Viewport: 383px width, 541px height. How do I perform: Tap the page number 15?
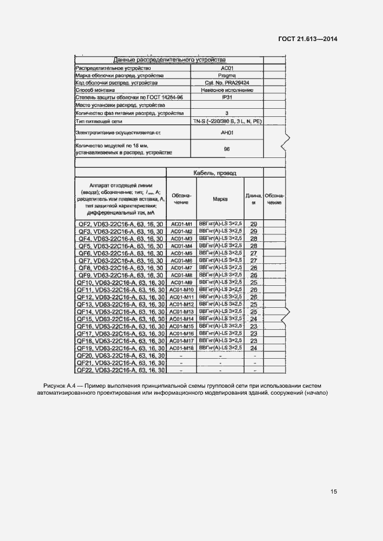(x=334, y=492)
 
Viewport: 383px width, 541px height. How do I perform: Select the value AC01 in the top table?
(x=227, y=68)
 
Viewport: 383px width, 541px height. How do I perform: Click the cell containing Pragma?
(x=227, y=76)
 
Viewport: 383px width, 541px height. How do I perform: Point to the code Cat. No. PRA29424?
(x=227, y=83)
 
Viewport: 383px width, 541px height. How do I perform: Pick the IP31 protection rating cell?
(x=227, y=98)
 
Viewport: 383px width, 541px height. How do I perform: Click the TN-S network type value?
(x=227, y=122)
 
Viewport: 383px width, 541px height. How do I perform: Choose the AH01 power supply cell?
(x=227, y=133)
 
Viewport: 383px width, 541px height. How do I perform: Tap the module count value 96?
(x=227, y=149)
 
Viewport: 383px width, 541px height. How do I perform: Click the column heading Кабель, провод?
(x=214, y=173)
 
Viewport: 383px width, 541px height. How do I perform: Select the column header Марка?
(x=220, y=199)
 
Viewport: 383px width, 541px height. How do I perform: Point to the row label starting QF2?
(x=121, y=224)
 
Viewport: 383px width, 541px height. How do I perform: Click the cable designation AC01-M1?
(x=181, y=224)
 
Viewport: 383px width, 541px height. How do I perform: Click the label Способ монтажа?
(x=96, y=91)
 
